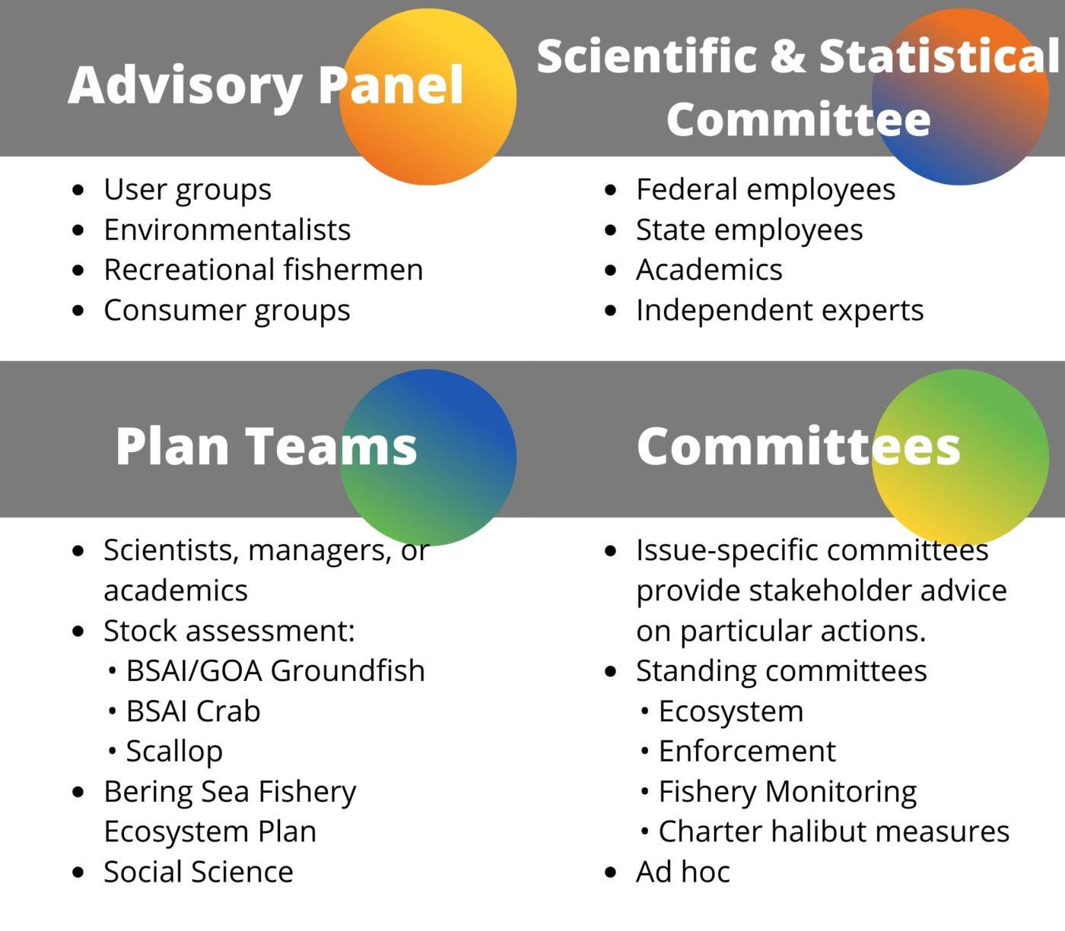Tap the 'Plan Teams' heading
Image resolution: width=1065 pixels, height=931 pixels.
tap(266, 445)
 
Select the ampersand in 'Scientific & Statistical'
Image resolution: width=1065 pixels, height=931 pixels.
tap(787, 56)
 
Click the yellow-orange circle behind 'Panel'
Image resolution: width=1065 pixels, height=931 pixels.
tap(428, 97)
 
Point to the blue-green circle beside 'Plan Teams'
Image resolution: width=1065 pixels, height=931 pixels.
tap(428, 458)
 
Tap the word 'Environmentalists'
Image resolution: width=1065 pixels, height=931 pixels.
tap(227, 230)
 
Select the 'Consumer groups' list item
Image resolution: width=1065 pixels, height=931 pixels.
tap(227, 311)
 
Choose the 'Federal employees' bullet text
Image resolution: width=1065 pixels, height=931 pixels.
tap(766, 189)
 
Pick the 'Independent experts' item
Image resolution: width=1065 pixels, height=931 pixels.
tap(780, 311)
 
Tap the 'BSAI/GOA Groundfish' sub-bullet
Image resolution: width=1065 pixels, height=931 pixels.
tap(275, 670)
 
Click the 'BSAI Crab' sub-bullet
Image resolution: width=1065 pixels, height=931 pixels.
tap(193, 711)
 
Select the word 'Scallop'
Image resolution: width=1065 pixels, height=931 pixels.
tap(174, 752)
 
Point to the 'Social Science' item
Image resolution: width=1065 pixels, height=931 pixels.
tap(199, 872)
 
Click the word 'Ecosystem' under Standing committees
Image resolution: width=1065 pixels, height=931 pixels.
tap(731, 711)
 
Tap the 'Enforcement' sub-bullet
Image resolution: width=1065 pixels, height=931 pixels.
tap(747, 751)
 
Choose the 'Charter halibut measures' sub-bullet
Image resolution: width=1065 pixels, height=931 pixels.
tap(834, 831)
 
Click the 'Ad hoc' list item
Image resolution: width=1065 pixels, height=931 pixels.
tap(683, 872)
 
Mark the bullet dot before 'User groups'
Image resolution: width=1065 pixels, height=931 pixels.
tap(78, 189)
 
